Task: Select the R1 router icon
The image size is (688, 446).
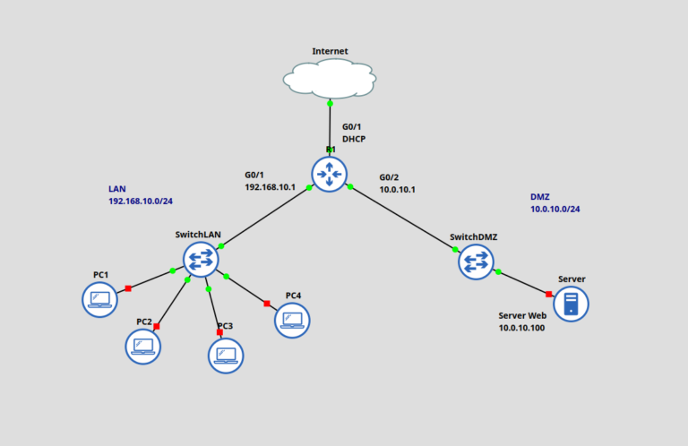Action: click(x=330, y=173)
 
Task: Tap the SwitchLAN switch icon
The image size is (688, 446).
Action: click(x=201, y=259)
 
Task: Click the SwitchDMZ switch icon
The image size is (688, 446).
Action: click(x=476, y=262)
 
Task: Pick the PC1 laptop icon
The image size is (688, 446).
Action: click(x=99, y=299)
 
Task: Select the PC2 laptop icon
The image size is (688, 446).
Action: click(x=142, y=346)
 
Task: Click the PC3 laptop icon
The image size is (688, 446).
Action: click(x=226, y=355)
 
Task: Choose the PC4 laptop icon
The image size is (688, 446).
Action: click(x=292, y=320)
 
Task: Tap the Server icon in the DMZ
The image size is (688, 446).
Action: click(x=571, y=304)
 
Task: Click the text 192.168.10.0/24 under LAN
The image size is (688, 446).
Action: click(x=141, y=202)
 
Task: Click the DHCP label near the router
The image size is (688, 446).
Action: click(x=354, y=139)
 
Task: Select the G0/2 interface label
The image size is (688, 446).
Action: click(x=390, y=177)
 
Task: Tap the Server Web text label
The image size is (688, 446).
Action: click(x=522, y=316)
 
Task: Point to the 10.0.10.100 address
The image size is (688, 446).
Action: click(x=521, y=329)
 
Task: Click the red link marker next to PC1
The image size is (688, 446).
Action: click(x=128, y=288)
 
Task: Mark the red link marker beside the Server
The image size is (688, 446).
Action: click(x=548, y=294)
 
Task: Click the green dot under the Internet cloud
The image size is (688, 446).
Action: click(x=330, y=103)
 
